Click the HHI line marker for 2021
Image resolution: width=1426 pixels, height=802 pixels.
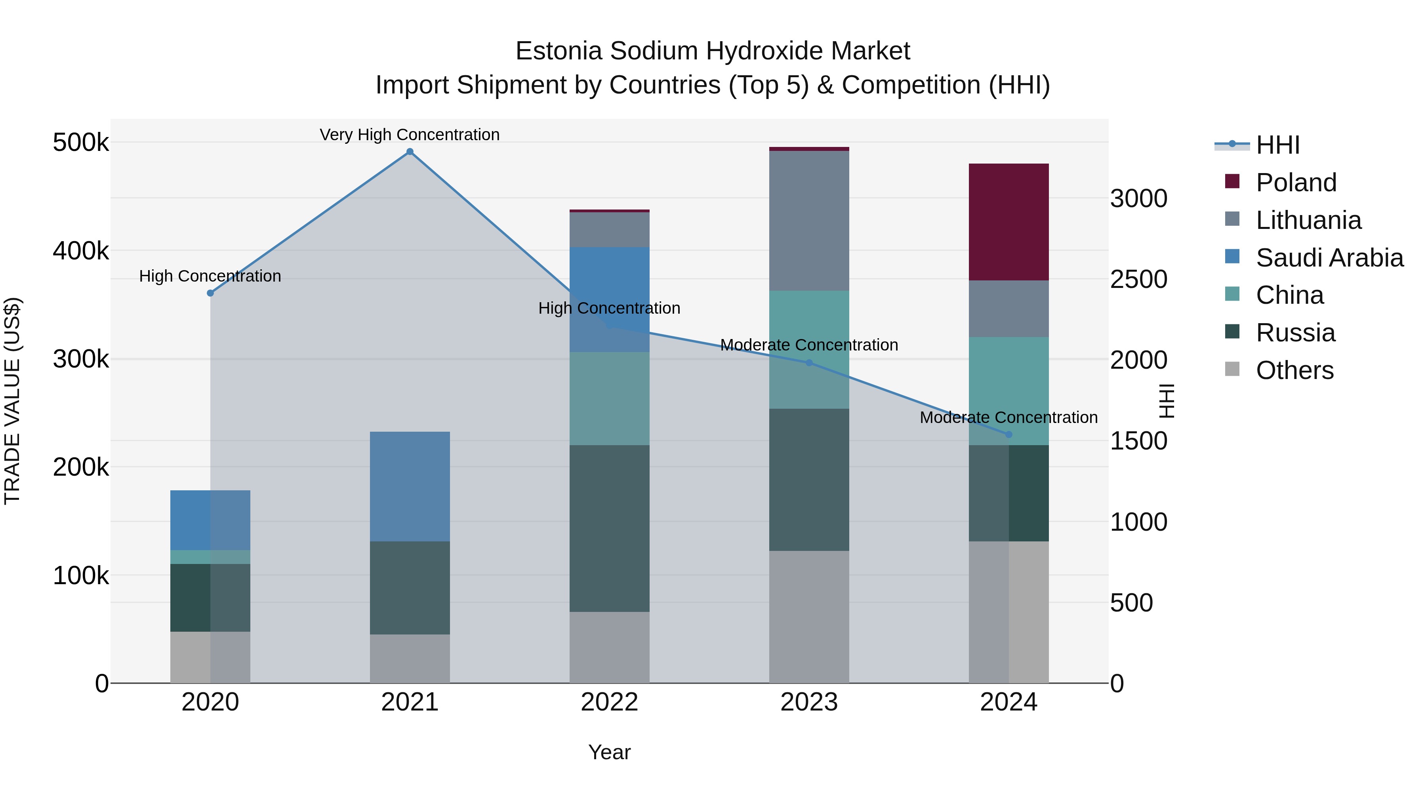click(x=410, y=152)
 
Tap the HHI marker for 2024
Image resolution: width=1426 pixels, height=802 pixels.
click(x=1008, y=434)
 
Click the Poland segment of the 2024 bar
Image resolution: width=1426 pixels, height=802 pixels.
click(x=1008, y=222)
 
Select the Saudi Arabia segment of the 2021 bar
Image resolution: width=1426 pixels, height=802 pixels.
click(x=410, y=486)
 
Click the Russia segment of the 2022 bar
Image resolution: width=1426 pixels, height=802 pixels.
click(x=610, y=529)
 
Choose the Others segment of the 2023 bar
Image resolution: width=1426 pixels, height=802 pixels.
click(x=809, y=617)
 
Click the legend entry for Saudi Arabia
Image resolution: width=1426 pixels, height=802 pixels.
click(x=1329, y=258)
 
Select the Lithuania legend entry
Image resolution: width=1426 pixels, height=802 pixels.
click(x=1308, y=220)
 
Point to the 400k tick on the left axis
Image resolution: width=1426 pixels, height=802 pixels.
click(x=81, y=251)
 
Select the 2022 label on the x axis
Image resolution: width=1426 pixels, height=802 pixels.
click(x=610, y=702)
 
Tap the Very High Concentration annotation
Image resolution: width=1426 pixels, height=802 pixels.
click(x=410, y=135)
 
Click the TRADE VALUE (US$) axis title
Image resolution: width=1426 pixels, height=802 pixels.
click(x=12, y=401)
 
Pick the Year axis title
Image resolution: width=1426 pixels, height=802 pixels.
click(x=610, y=752)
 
